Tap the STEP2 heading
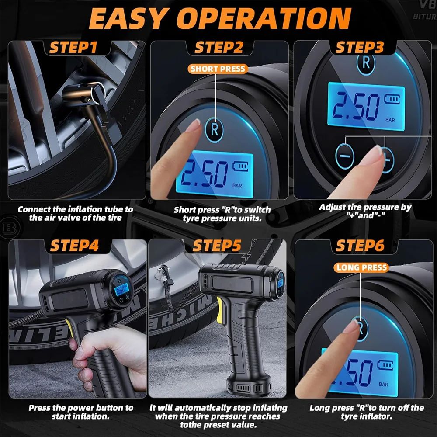point(218,47)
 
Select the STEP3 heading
point(360,47)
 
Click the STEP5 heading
point(217,246)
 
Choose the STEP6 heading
point(360,246)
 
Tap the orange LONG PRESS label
point(362,267)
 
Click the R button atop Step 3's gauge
point(366,63)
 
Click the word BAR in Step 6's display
point(384,385)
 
